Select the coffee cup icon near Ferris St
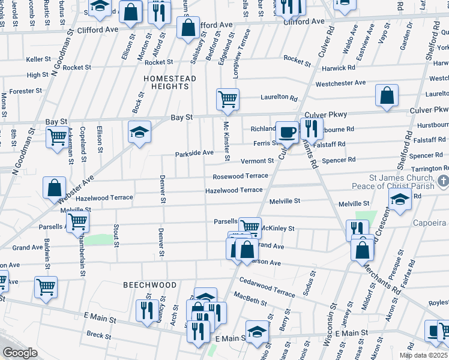(287, 133)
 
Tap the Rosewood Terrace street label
(240, 176)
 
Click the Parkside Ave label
(194, 153)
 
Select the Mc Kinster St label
(227, 142)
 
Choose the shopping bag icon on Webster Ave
(55, 188)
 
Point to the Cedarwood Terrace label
(267, 286)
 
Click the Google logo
(20, 353)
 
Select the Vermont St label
(257, 161)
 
